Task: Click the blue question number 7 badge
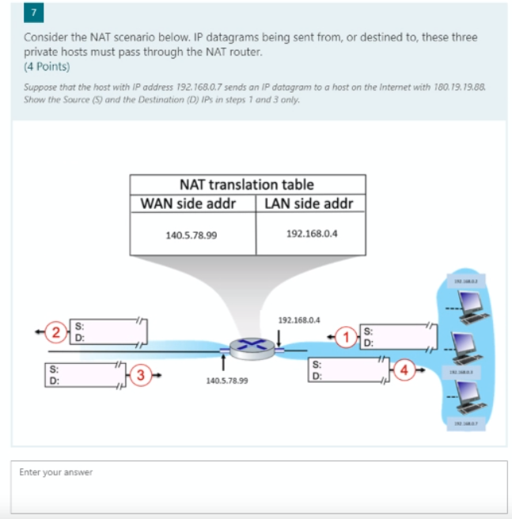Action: point(33,14)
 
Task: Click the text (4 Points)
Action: point(47,66)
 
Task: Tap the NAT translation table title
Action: point(247,184)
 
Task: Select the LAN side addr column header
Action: point(309,203)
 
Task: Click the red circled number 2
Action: point(55,331)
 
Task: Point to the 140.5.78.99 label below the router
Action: point(226,381)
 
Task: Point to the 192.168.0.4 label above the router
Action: point(299,320)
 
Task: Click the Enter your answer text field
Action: point(259,486)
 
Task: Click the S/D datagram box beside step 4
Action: point(347,371)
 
